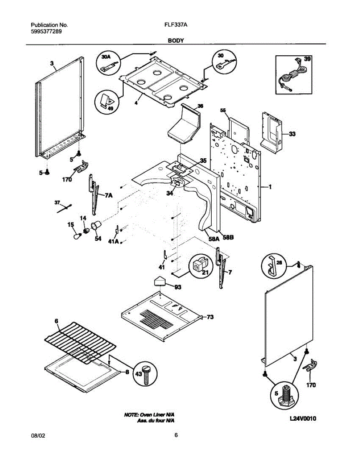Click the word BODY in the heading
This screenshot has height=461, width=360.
[x=175, y=40]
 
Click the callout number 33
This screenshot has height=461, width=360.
[x=292, y=134]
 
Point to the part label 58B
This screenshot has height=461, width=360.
[x=228, y=238]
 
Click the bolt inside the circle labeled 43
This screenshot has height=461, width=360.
[x=146, y=375]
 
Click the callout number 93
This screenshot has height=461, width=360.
[x=178, y=287]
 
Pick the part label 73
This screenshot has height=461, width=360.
[x=210, y=317]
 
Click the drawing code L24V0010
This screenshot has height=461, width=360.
[x=303, y=419]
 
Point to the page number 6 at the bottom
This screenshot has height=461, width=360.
[x=176, y=435]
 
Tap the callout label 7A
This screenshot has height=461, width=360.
[x=108, y=196]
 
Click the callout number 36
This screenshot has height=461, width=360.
[x=200, y=106]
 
